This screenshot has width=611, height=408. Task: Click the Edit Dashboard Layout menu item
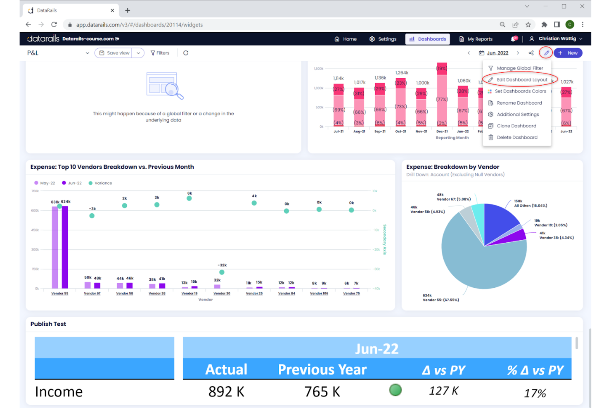click(x=521, y=80)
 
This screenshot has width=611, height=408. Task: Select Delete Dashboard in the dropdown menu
click(x=516, y=138)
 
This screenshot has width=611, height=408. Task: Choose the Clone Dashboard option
click(x=516, y=126)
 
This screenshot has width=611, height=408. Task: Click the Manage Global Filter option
click(x=519, y=68)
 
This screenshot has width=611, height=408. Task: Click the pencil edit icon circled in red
click(x=546, y=53)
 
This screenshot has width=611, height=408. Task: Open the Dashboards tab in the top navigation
click(x=428, y=39)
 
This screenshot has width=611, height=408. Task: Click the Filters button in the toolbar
click(x=160, y=53)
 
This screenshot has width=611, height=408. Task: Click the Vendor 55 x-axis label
click(x=60, y=293)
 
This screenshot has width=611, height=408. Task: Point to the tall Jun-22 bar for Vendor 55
click(x=65, y=248)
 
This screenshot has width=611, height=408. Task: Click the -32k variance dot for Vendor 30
click(x=222, y=272)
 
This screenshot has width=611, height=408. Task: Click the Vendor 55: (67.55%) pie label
click(x=440, y=300)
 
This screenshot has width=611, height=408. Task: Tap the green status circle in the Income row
click(x=395, y=390)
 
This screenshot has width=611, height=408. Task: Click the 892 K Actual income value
click(x=226, y=391)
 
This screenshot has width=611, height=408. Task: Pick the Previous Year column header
click(x=322, y=370)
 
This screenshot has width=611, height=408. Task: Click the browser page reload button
click(x=54, y=25)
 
